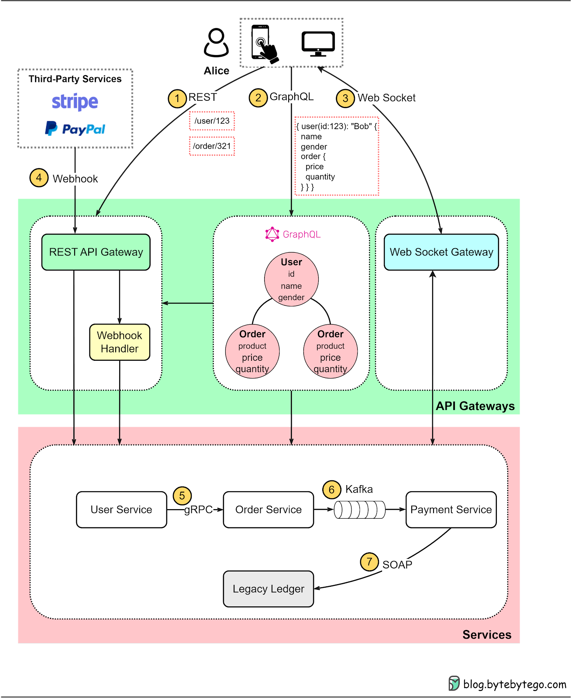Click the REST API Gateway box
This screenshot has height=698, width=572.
96,252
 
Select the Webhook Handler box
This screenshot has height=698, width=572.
120,342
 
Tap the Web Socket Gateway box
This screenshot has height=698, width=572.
441,252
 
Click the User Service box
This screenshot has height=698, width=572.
121,510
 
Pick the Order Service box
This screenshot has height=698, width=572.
268,510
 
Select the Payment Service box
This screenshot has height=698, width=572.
451,510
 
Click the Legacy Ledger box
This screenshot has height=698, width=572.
268,589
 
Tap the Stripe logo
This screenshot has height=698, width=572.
75,102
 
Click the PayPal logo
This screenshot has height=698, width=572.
75,129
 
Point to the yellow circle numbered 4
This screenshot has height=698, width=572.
39,178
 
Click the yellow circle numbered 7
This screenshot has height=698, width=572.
369,561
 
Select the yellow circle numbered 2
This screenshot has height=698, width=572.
258,97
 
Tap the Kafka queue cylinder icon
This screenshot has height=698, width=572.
359,510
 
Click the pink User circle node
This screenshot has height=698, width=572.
291,279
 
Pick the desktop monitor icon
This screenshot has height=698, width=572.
318,44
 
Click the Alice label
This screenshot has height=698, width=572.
217,71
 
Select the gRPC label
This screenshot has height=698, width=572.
198,510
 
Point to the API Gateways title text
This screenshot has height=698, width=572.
475,406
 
